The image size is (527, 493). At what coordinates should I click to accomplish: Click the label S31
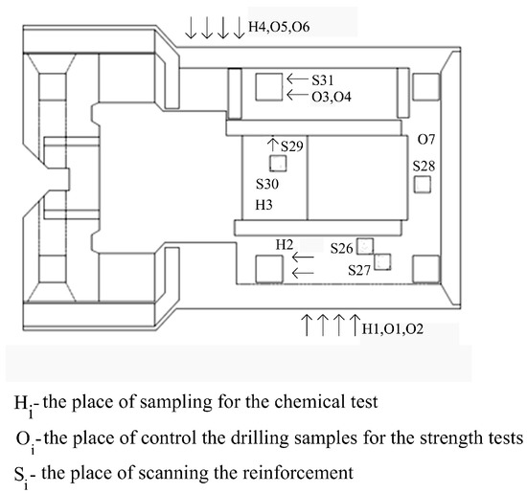[x=322, y=80]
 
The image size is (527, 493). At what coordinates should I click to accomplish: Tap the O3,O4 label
[x=332, y=97]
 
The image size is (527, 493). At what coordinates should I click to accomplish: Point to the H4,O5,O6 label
[x=279, y=27]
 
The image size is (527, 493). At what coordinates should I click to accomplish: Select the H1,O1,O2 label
[x=392, y=328]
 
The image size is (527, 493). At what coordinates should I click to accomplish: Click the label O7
[x=426, y=139]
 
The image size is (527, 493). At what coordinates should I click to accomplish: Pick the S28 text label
[x=424, y=166]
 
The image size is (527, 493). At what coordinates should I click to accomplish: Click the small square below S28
[x=423, y=185]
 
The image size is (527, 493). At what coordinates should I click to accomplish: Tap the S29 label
[x=292, y=146]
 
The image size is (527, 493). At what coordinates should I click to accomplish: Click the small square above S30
[x=278, y=163]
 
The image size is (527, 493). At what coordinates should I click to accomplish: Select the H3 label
[x=263, y=205]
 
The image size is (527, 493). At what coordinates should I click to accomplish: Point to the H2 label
[x=285, y=245]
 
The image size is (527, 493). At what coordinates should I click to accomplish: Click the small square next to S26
[x=365, y=247]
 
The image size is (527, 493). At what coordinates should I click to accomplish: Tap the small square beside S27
[x=382, y=262]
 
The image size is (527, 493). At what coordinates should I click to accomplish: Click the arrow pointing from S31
[x=297, y=79]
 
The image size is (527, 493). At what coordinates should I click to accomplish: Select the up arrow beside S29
[x=273, y=144]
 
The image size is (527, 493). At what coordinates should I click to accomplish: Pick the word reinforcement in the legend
[x=298, y=473]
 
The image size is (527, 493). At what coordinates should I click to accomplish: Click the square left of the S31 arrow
[x=269, y=87]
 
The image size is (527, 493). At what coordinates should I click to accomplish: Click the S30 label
[x=267, y=184]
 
